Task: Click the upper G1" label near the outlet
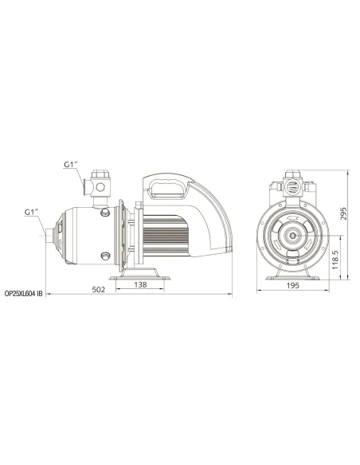click(x=72, y=166)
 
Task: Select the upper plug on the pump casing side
click(x=104, y=212)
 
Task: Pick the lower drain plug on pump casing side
click(x=104, y=255)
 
